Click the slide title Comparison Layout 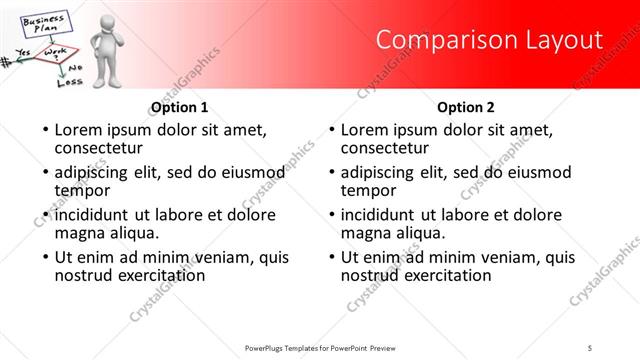click(x=489, y=40)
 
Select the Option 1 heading click(x=179, y=107)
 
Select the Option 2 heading click(x=465, y=107)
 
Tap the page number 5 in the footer click(x=590, y=347)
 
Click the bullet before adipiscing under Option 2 click(x=331, y=172)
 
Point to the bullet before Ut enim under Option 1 click(x=45, y=257)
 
